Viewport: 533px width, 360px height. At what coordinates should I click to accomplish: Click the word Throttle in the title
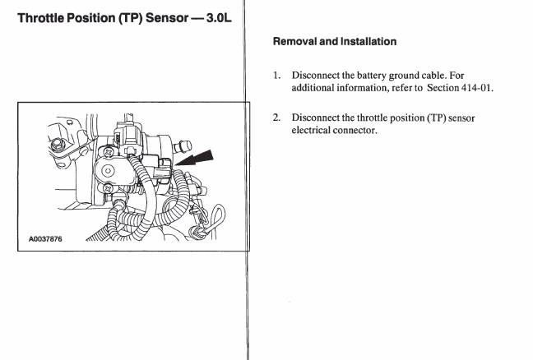click(40, 18)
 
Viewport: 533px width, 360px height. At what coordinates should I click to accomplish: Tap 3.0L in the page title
click(219, 18)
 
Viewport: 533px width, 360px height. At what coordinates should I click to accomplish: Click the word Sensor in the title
click(167, 18)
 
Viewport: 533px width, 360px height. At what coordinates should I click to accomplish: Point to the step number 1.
click(276, 75)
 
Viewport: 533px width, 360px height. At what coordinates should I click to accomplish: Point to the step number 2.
click(276, 118)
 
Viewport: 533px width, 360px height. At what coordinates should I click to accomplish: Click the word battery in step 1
click(372, 76)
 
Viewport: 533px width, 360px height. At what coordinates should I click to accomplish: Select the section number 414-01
click(477, 88)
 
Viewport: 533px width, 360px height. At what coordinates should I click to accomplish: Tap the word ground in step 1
click(404, 76)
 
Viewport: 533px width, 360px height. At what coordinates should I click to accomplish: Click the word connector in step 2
click(355, 131)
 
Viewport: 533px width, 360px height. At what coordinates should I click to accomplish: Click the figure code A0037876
click(45, 239)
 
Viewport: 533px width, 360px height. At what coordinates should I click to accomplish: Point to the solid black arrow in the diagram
click(194, 158)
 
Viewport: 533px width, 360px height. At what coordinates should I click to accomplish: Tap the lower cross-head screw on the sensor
click(109, 188)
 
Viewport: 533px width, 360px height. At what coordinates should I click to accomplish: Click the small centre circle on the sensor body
click(108, 170)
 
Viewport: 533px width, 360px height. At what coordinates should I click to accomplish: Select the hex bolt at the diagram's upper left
click(58, 144)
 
